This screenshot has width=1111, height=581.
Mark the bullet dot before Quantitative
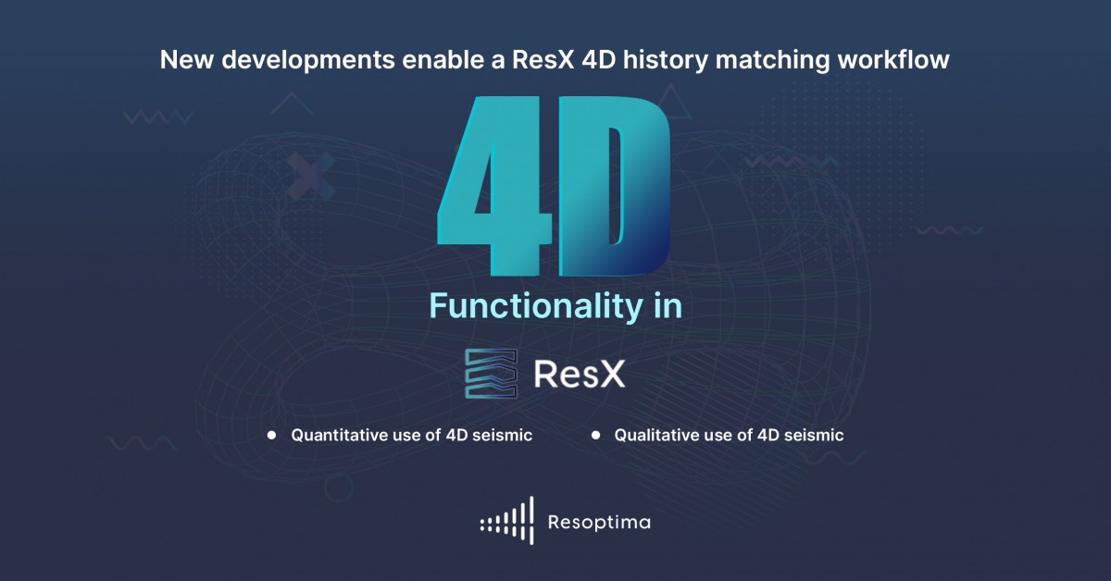(x=272, y=435)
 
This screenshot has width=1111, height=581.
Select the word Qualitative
(x=656, y=435)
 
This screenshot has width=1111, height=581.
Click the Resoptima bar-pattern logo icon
(x=507, y=522)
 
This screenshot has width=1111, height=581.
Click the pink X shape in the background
(x=311, y=173)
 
